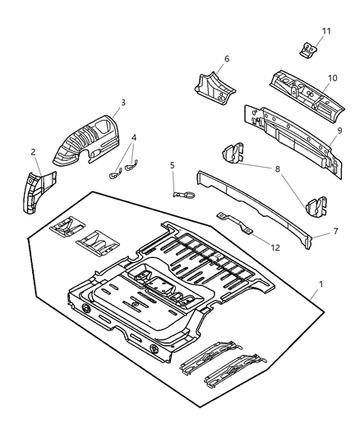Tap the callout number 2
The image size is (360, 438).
click(x=34, y=152)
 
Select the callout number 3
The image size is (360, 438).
click(x=122, y=103)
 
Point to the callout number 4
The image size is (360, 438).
click(x=134, y=138)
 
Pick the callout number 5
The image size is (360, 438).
click(x=173, y=165)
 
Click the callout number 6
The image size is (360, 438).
click(x=226, y=58)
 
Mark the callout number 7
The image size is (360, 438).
click(x=335, y=233)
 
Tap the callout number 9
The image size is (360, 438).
click(x=339, y=131)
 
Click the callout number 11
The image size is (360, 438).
click(x=326, y=31)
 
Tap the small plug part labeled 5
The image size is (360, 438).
click(x=184, y=194)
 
